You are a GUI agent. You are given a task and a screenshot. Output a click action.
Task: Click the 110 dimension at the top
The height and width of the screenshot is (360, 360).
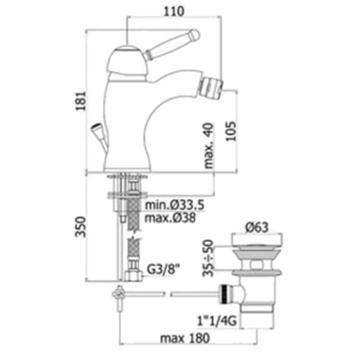click(x=174, y=11)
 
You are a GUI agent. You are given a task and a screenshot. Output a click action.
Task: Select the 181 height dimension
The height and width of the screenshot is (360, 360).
click(x=81, y=101)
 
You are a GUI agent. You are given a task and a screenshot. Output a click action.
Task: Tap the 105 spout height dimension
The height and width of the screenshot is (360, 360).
click(x=231, y=131)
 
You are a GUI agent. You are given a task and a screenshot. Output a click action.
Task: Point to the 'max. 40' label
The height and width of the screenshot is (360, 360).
click(x=209, y=146)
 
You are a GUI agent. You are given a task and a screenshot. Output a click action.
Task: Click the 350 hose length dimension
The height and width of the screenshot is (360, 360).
click(x=81, y=226)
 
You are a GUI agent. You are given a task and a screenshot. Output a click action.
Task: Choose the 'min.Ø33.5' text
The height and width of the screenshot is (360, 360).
click(x=175, y=205)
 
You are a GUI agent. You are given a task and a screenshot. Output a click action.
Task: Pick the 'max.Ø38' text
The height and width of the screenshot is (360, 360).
click(x=170, y=217)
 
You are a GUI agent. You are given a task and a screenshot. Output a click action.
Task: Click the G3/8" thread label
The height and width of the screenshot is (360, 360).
click(x=163, y=269)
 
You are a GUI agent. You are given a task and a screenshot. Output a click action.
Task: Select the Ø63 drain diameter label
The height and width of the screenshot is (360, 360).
click(x=257, y=227)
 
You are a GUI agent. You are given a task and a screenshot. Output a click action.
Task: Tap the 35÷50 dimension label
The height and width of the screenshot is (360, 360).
click(x=208, y=258)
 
